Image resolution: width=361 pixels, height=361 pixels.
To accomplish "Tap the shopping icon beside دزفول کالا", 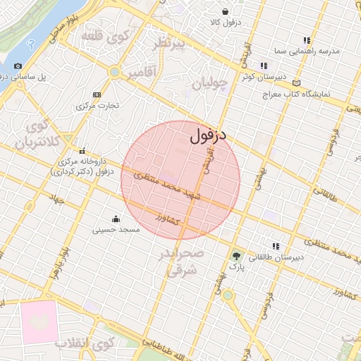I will [225, 12].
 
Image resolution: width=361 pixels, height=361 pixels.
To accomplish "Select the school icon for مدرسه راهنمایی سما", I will [307, 40].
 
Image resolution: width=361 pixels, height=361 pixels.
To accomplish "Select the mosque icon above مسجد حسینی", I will [116, 218].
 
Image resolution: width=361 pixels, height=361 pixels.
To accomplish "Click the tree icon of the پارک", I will [236, 256].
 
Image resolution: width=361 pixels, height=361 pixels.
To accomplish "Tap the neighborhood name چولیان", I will [210, 84].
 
